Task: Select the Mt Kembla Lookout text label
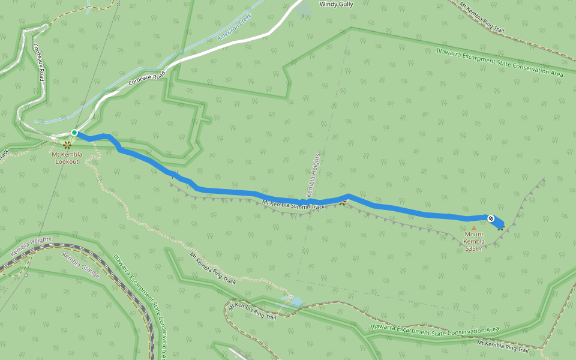[67, 158]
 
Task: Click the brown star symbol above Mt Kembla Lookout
[67, 144]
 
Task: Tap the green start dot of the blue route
[74, 132]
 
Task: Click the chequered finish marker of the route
[491, 218]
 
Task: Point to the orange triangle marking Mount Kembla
[473, 227]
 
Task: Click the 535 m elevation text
[473, 248]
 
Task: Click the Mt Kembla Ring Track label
[213, 268]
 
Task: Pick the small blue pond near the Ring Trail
[296, 301]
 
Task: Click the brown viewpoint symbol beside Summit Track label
[342, 203]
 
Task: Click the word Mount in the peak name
[474, 235]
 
